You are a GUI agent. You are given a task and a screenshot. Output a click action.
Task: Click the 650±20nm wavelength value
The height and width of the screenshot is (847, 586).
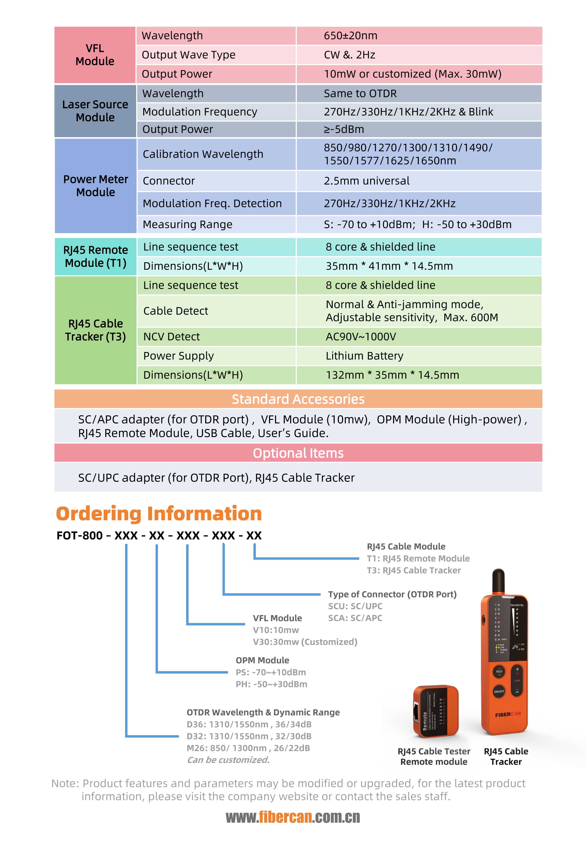point(350,36)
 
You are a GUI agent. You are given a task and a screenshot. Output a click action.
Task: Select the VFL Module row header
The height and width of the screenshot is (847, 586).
point(95,55)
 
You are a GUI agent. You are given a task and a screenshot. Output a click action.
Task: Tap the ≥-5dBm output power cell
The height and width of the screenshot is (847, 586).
point(344,129)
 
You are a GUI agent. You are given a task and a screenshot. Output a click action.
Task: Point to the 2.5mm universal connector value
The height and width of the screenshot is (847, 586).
point(366,181)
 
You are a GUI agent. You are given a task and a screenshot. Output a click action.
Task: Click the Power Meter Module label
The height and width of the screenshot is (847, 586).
point(96,186)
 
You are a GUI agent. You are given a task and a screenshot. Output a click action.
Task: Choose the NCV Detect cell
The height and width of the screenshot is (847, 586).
point(171,336)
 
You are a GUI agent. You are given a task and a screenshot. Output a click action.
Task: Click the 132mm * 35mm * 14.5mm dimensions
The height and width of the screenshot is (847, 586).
point(392,375)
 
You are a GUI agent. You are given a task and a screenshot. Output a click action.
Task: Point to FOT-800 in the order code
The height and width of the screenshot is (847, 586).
point(80,536)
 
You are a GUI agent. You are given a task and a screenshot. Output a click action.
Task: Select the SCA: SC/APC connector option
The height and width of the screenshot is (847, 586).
point(355,618)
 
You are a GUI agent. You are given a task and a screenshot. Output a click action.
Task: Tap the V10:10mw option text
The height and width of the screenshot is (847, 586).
point(276,630)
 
